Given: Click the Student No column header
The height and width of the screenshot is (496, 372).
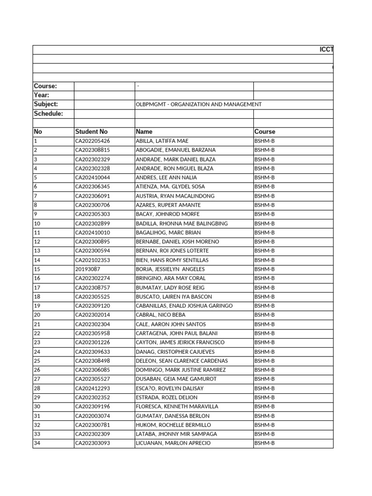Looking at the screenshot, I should point(92,132).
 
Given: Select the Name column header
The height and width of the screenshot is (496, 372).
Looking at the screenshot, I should point(144,132).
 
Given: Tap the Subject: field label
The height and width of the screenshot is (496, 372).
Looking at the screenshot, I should point(46,104).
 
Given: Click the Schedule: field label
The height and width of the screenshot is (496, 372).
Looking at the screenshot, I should point(48,113).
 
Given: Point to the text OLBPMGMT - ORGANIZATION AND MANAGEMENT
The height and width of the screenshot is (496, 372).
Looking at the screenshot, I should point(199,105).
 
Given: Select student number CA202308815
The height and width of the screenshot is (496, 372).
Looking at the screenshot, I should point(93,150).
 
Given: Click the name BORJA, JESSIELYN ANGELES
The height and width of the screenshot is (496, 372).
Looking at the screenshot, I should point(170,269).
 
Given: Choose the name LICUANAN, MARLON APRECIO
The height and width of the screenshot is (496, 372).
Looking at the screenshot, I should point(173,443).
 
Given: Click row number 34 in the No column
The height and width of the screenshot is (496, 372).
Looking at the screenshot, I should point(37,443).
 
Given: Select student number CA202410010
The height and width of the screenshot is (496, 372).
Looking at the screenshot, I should point(93,232).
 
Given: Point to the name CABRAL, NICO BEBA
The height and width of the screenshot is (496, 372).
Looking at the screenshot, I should point(161,315).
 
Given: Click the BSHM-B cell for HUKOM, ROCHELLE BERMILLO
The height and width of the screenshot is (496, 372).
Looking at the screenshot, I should point(264,425).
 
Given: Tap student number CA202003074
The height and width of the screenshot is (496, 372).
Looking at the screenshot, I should point(93,416).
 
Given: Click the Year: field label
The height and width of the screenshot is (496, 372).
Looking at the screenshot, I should point(41,95).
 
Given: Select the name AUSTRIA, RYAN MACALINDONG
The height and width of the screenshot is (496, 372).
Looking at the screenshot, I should point(175,196).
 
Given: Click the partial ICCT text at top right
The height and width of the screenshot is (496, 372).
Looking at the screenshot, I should point(326,50).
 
